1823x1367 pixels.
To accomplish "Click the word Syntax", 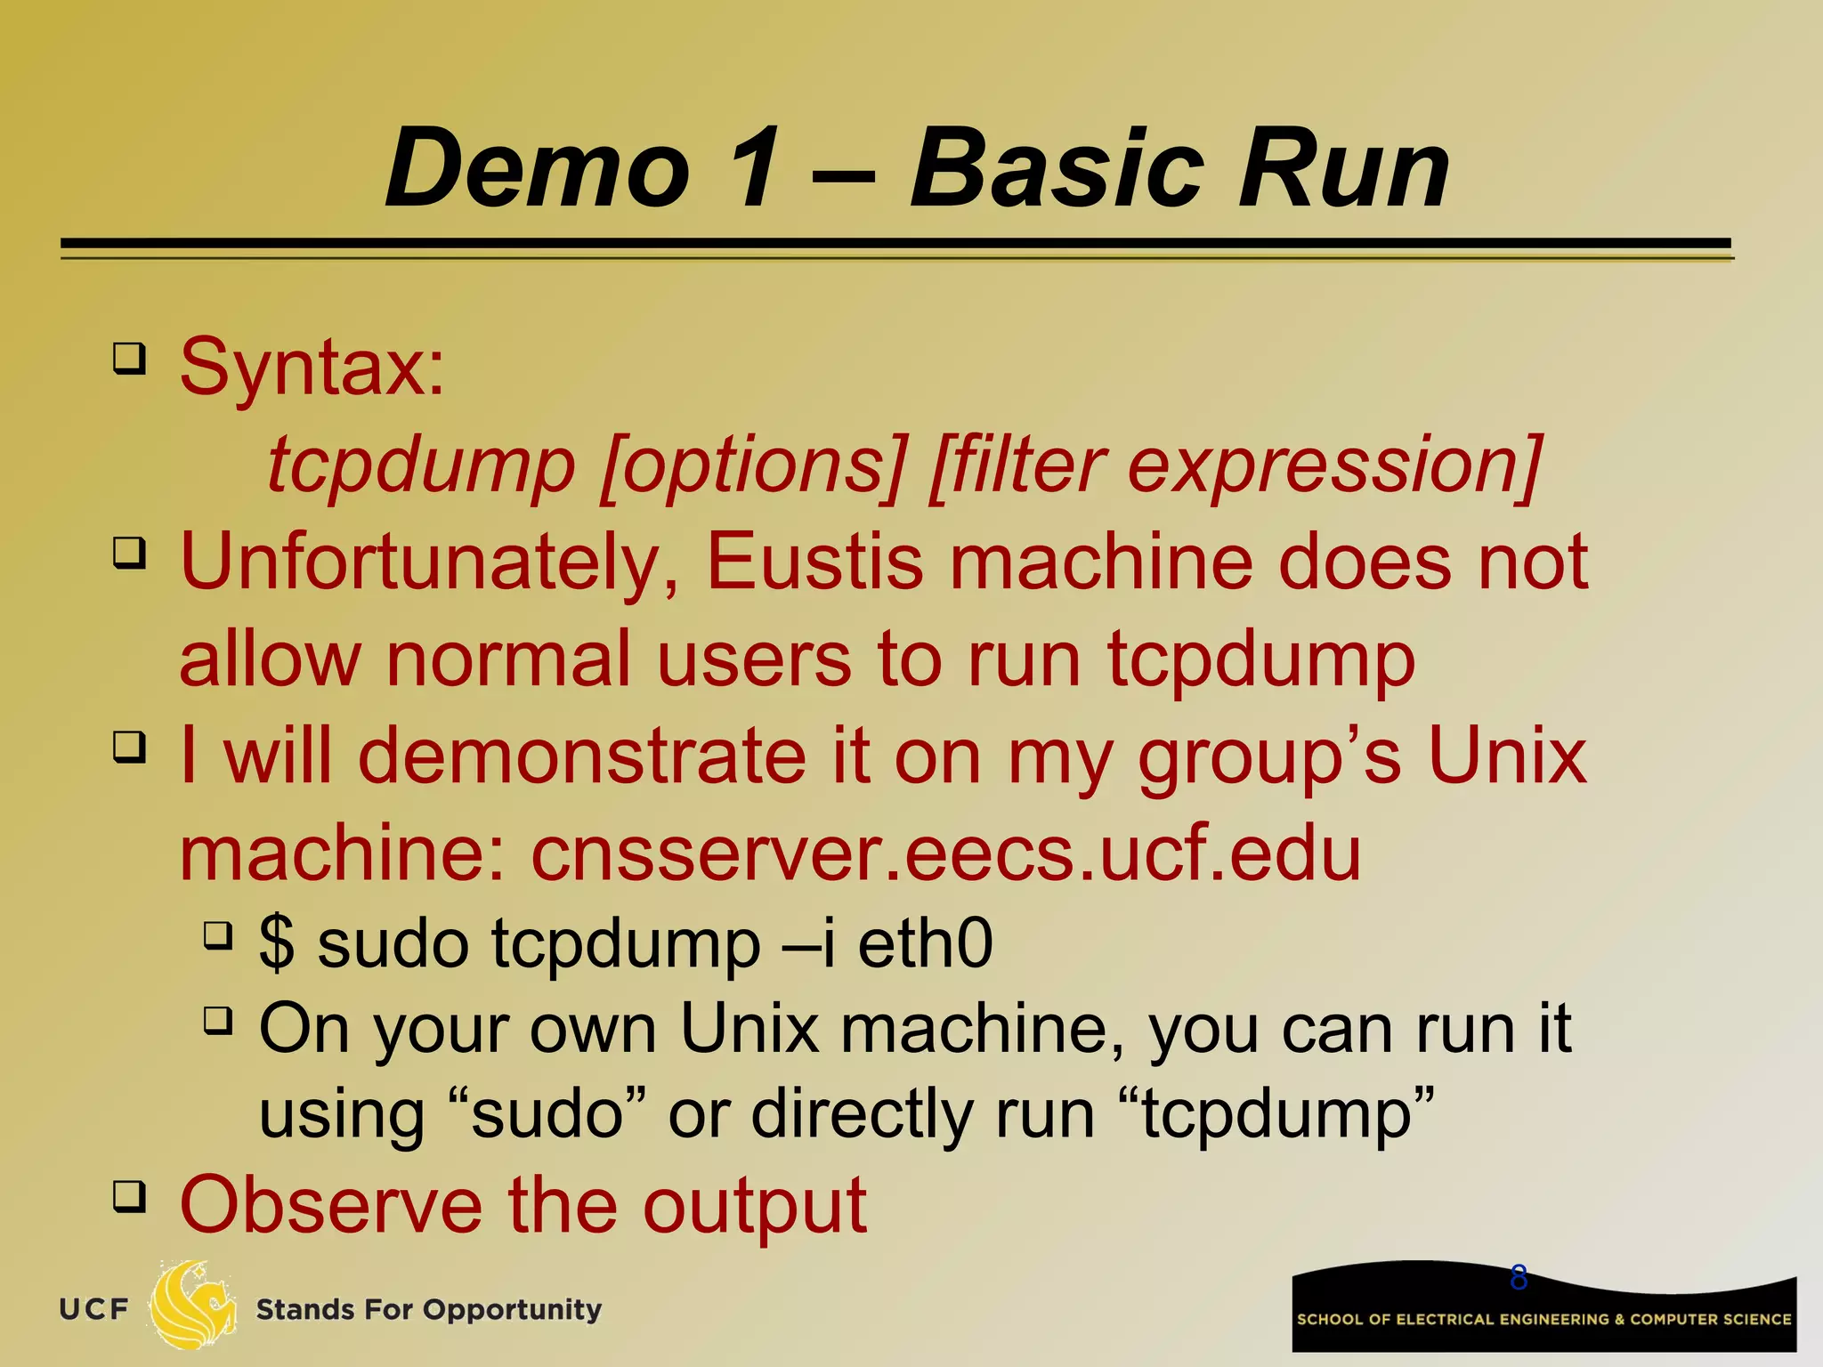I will (312, 367).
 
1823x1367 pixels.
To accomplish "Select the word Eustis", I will (814, 562).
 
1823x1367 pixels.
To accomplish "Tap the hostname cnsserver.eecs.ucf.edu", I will (945, 853).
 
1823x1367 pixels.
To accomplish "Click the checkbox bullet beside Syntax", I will (129, 359).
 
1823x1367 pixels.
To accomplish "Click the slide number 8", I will (1519, 1278).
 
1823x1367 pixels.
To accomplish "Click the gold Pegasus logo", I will (192, 1306).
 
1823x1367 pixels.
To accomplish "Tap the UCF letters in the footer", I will (94, 1310).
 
